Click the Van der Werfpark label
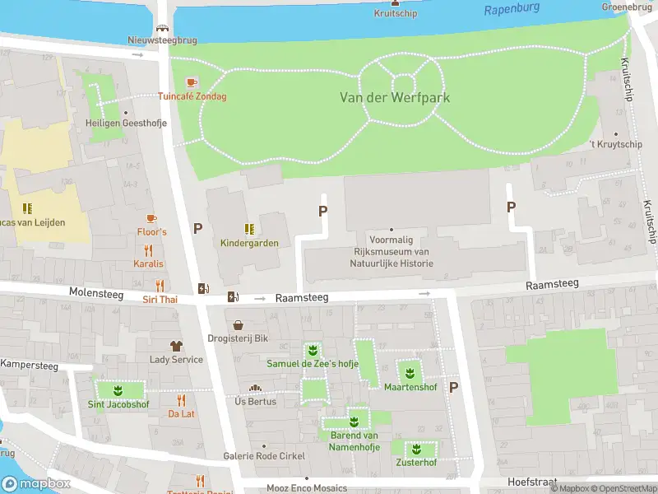(395, 97)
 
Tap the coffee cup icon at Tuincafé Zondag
(192, 82)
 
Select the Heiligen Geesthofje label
(126, 123)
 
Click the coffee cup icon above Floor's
(151, 218)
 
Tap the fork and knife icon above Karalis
(149, 250)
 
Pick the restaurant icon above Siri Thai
(160, 286)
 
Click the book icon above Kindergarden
(248, 229)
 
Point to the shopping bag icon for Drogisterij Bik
(239, 325)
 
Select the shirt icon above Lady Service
(175, 346)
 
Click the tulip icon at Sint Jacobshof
(118, 389)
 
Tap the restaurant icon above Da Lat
(182, 400)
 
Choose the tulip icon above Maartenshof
(409, 373)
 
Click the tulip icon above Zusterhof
(415, 449)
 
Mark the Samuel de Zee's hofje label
(312, 363)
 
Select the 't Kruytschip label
(615, 145)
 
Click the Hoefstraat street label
(532, 482)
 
